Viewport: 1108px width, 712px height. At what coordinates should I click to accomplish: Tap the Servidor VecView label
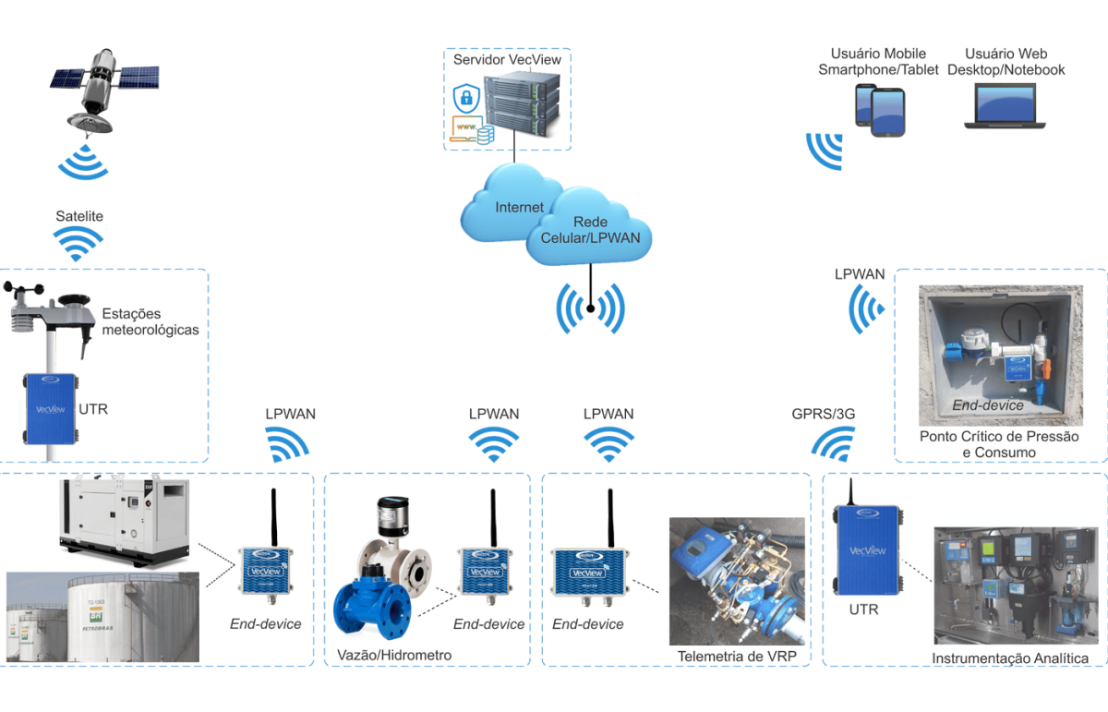[x=507, y=60]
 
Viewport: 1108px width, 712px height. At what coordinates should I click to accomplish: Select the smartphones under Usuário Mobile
[x=879, y=110]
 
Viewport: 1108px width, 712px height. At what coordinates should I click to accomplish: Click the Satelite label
[x=79, y=216]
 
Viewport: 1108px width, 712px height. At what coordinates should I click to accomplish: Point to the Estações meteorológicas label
[x=151, y=321]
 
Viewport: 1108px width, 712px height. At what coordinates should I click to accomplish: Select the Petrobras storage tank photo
[x=102, y=617]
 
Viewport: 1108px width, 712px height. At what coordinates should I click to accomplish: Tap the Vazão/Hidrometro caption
[x=394, y=655]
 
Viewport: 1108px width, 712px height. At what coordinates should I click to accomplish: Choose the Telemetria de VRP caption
[x=736, y=657]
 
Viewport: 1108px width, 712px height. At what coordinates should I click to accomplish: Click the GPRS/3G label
[x=824, y=414]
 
